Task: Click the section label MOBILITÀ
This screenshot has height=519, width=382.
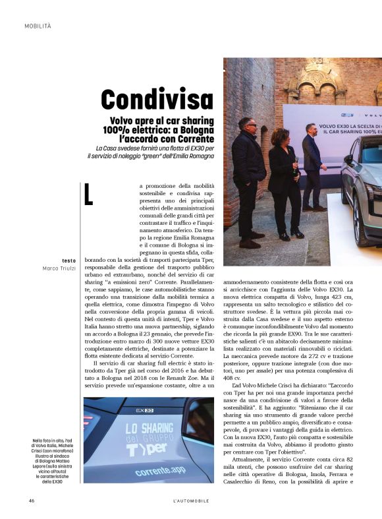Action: [38, 26]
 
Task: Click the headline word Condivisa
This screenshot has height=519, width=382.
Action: [157, 100]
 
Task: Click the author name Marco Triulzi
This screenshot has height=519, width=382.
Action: [59, 268]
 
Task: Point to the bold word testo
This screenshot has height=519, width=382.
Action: [68, 260]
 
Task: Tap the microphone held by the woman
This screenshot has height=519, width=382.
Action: [295, 162]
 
